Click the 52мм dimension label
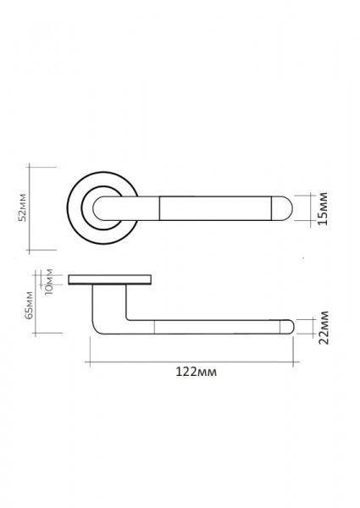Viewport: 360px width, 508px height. (22, 207)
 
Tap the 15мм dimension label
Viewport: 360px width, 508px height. (323, 208)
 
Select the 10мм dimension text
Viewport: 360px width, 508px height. (49, 282)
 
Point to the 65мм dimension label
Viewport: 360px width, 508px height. (29, 306)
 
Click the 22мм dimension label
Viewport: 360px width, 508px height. (324, 328)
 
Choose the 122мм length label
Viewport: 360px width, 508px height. (196, 372)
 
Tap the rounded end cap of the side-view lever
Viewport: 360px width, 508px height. (287, 327)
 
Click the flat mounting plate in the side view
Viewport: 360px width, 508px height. (110, 279)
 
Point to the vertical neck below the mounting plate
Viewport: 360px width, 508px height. (109, 301)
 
